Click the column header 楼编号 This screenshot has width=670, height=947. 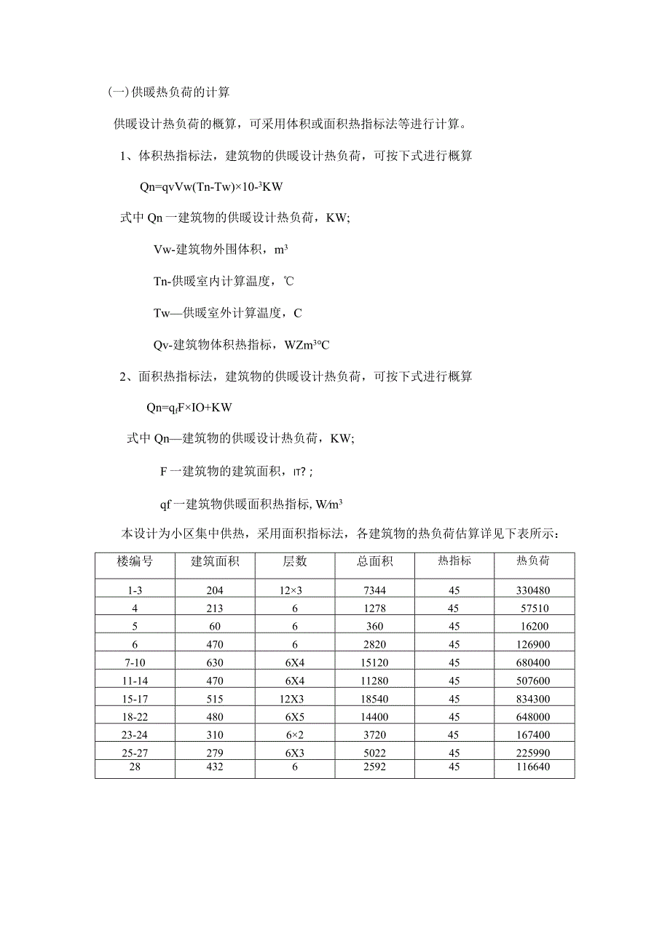point(135,561)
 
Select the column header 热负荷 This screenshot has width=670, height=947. point(533,561)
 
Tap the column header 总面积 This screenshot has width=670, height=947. point(375,561)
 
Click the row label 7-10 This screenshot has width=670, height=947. point(135,662)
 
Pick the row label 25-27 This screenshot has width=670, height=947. point(135,753)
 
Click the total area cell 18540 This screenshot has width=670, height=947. point(375,699)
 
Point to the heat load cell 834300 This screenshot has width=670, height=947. point(533,699)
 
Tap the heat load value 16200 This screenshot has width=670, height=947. point(533,626)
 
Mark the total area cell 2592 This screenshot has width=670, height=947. point(375,767)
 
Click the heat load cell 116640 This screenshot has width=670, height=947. point(533,767)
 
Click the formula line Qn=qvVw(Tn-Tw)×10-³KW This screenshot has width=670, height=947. point(211,187)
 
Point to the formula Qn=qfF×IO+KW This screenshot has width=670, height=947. point(189,408)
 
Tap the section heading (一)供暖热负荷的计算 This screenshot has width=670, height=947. point(168,92)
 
